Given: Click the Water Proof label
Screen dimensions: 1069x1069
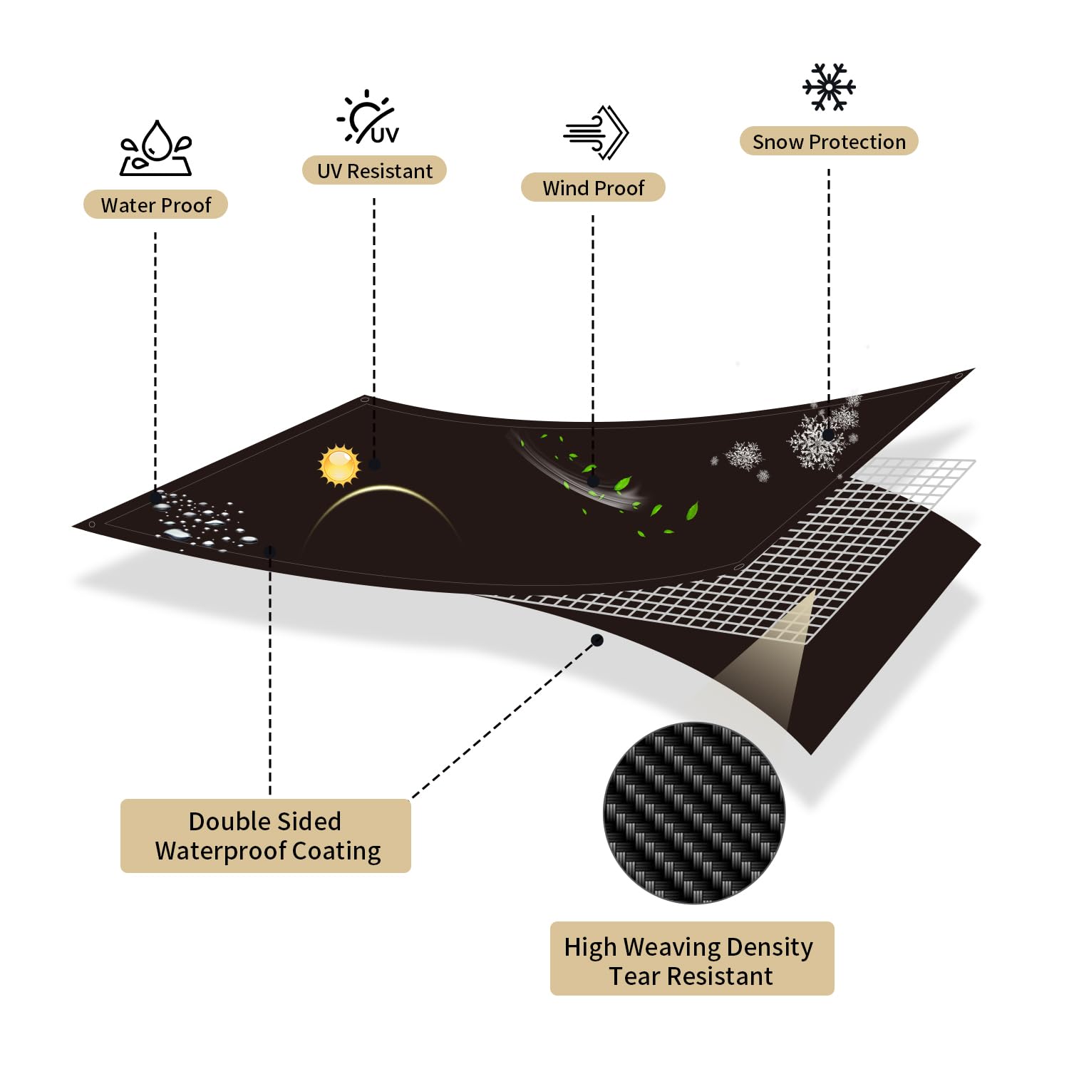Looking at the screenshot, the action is point(155,205).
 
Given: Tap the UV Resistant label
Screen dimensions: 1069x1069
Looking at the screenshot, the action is point(374,170).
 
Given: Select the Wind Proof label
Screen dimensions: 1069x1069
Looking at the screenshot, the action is point(593,187).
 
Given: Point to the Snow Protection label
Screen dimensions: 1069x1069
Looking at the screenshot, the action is point(829,141).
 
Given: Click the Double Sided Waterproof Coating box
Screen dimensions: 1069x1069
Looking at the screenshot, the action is point(266,836).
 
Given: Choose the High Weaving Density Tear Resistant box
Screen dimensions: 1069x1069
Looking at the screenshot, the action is point(692,959).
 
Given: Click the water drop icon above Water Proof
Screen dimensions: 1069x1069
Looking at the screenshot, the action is point(156,148).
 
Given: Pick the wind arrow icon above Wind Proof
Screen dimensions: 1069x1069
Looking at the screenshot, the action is point(597,133).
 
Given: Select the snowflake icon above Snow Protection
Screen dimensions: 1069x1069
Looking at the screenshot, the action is point(829,87).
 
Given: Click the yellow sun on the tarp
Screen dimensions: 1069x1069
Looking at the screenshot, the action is point(340,465).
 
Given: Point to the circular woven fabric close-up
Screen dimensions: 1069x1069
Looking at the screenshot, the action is point(694,813).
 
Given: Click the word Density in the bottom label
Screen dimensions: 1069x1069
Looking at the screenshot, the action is point(769,947).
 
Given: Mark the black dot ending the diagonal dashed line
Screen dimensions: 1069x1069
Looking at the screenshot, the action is point(597,641).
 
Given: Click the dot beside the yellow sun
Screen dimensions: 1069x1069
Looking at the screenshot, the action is point(374,465).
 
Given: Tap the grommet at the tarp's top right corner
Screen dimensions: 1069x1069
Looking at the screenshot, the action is point(959,376).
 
